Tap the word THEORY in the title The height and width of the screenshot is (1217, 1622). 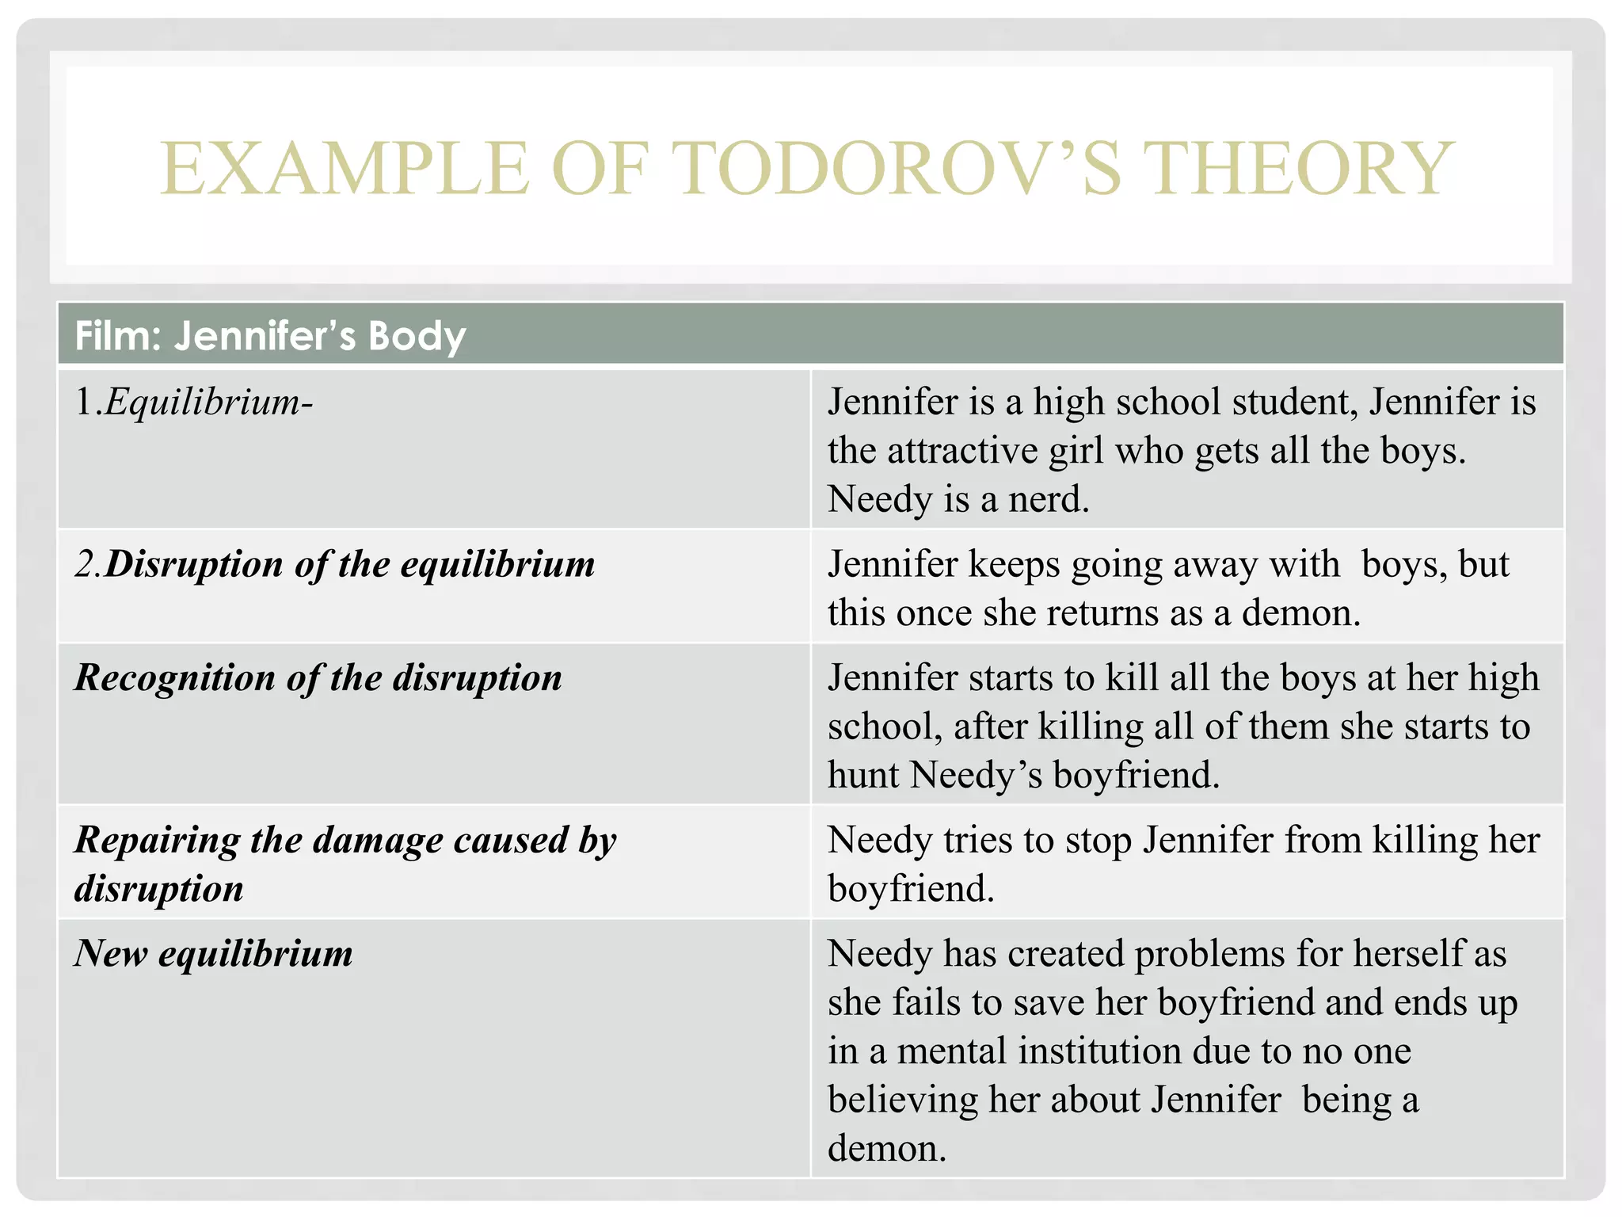pos(1299,168)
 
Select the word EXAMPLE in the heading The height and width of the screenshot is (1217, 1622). pos(345,168)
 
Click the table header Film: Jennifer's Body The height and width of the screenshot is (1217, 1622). pos(270,336)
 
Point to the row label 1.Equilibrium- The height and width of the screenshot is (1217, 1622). pos(194,402)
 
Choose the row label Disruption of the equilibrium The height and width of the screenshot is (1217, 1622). pos(335,565)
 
